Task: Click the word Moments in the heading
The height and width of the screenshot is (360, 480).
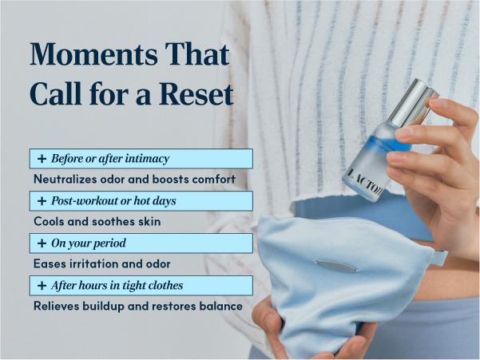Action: pyautogui.click(x=93, y=54)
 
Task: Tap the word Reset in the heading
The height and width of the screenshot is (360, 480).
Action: pyautogui.click(x=196, y=93)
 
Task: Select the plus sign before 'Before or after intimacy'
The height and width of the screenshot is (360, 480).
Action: pyautogui.click(x=42, y=159)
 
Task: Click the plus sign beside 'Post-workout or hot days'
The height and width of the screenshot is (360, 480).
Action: pyautogui.click(x=42, y=201)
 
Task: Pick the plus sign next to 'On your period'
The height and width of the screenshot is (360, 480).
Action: pyautogui.click(x=42, y=243)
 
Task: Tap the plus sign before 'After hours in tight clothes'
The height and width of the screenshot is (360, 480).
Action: pyautogui.click(x=42, y=286)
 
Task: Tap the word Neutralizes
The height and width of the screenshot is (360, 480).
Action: pyautogui.click(x=65, y=180)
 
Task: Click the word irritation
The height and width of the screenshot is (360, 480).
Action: pyautogui.click(x=94, y=263)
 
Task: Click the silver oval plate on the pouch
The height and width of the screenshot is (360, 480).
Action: pyautogui.click(x=336, y=266)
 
